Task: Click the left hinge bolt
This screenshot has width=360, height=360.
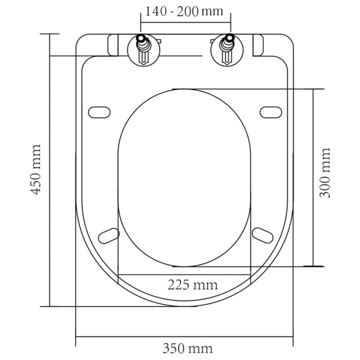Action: point(142,49)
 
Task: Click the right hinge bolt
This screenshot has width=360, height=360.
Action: point(226,49)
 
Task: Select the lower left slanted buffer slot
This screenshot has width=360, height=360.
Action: point(109,235)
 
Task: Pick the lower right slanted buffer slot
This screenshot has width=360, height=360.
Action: point(262,235)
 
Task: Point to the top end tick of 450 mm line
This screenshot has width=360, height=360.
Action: point(50,34)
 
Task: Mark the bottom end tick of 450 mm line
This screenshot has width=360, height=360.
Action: point(50,306)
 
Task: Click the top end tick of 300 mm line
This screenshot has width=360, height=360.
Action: point(313,89)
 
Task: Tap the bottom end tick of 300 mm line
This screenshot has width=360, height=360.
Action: point(313,266)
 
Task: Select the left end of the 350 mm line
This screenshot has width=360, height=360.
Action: point(76,337)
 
